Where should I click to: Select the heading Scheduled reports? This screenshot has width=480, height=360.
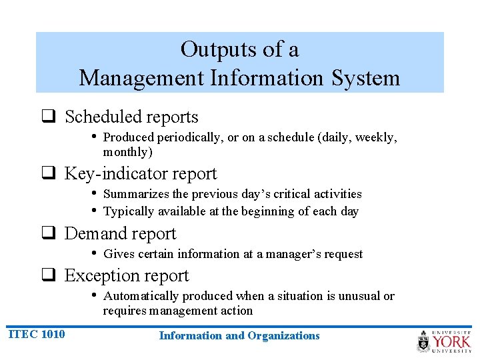[131, 117]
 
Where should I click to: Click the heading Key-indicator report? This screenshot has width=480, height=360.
[140, 174]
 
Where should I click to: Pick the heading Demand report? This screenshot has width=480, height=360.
[120, 234]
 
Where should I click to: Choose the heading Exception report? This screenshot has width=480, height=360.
[127, 276]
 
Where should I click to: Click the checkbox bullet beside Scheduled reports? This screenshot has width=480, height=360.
[49, 117]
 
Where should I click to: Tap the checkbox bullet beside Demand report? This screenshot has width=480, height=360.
[49, 235]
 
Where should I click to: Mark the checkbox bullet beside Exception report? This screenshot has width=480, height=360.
[49, 277]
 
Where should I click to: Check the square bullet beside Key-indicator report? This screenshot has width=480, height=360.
[49, 175]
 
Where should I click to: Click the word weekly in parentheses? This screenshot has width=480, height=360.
[376, 137]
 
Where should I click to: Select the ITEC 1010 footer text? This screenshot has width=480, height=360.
[37, 334]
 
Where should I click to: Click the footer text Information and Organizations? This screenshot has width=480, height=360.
[239, 336]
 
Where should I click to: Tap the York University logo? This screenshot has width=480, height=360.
[444, 341]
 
